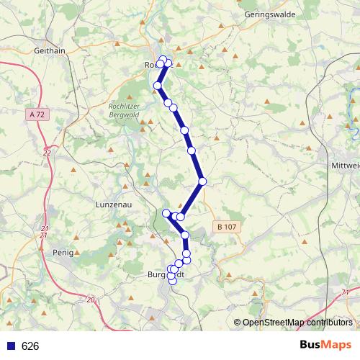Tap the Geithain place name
point(50,50)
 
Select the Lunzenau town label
point(112,204)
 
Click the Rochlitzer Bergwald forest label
point(123,111)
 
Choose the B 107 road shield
point(225,227)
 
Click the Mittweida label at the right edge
point(345,165)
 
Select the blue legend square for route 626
point(11,346)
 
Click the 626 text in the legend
point(30,346)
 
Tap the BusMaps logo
point(326,346)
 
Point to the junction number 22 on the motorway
point(47,153)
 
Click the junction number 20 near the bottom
point(90,300)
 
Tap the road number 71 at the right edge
point(347,292)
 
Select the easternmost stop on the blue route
point(203,181)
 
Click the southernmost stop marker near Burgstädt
point(173,281)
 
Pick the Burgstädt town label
point(166,274)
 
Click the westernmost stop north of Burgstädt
point(166,212)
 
